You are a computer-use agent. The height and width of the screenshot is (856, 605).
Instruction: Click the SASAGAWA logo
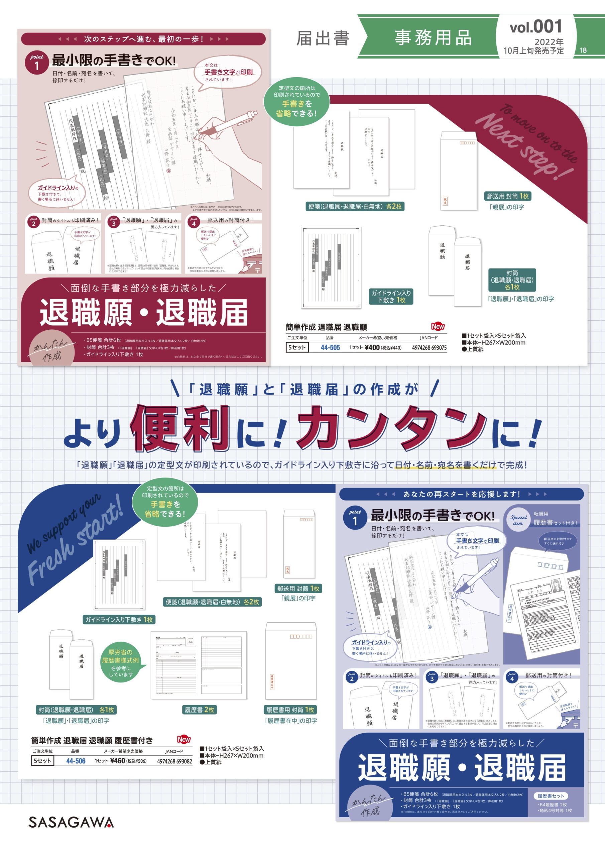click(71, 822)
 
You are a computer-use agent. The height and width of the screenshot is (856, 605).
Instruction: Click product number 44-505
click(330, 347)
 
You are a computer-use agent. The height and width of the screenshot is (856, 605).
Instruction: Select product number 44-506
click(76, 761)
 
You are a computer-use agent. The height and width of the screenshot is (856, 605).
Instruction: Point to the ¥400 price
click(372, 347)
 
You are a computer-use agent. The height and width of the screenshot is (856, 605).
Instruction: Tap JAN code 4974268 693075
click(429, 347)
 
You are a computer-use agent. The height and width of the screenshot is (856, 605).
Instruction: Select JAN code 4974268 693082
click(174, 761)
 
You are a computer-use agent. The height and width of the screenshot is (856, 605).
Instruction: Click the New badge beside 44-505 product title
click(438, 326)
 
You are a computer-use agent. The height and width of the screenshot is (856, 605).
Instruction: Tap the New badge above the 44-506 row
click(184, 739)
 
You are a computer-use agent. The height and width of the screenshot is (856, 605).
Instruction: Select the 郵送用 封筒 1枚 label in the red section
click(507, 196)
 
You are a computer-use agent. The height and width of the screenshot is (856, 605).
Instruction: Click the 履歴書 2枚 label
click(200, 710)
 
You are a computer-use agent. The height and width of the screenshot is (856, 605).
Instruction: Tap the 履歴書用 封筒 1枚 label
click(290, 710)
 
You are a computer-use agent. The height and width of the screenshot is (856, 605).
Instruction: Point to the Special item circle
click(518, 520)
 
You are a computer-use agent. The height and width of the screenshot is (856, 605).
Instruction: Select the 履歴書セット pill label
click(551, 795)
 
